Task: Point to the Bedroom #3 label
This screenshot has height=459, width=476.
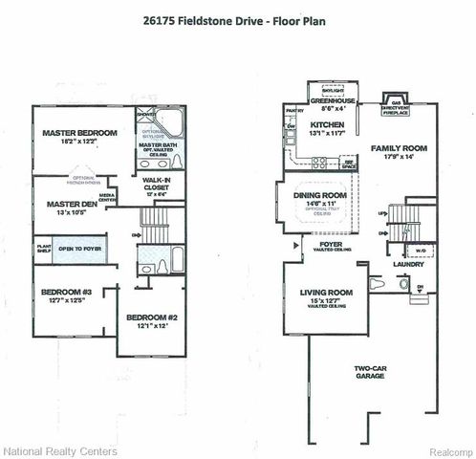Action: click(x=60, y=295)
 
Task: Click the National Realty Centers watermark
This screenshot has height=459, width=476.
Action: click(x=59, y=450)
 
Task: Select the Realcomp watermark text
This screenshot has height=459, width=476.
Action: click(x=443, y=450)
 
